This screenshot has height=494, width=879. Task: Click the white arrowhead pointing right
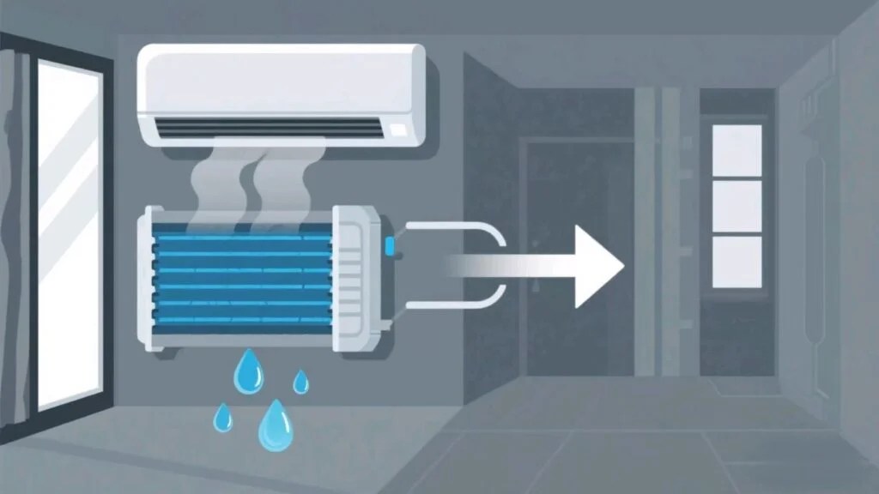click(596, 268)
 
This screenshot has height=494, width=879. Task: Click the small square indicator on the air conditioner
click(398, 130)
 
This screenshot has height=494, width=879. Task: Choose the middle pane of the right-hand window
click(737, 206)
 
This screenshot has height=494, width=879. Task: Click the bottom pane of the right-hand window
click(737, 262)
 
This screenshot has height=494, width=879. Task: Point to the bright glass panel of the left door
click(70, 232)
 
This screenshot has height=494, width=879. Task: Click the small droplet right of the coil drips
click(300, 383)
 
